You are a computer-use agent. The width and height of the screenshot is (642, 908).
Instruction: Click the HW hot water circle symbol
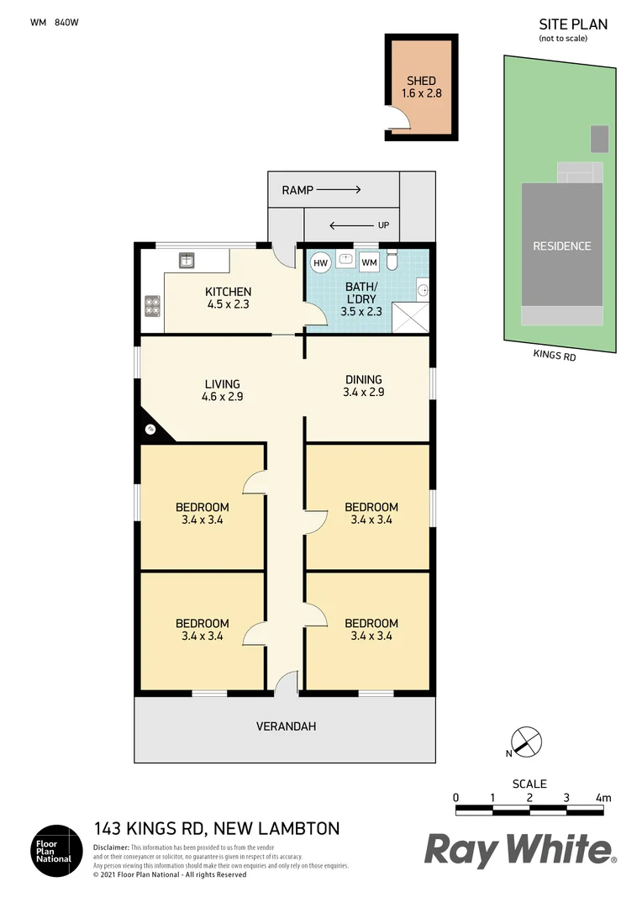320,262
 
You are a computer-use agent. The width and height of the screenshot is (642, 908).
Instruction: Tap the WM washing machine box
369,262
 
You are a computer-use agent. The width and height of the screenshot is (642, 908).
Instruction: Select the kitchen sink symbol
187,261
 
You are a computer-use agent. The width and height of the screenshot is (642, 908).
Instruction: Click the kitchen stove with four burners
152,305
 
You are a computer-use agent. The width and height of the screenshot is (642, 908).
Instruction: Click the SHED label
421,81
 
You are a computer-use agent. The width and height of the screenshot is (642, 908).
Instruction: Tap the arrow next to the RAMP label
339,190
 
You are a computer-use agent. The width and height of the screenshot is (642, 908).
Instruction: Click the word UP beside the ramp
384,225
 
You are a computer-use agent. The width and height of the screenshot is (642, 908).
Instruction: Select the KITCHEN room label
228,292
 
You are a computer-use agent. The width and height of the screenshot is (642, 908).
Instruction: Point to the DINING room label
363,379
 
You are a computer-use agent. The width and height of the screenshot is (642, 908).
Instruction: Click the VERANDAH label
287,726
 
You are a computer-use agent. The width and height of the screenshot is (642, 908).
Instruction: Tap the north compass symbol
524,742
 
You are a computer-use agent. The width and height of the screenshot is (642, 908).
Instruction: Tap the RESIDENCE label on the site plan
562,246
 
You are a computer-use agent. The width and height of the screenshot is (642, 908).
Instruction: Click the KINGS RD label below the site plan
555,355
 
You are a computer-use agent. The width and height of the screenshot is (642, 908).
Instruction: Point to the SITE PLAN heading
572,24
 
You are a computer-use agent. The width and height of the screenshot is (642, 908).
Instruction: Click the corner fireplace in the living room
153,429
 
